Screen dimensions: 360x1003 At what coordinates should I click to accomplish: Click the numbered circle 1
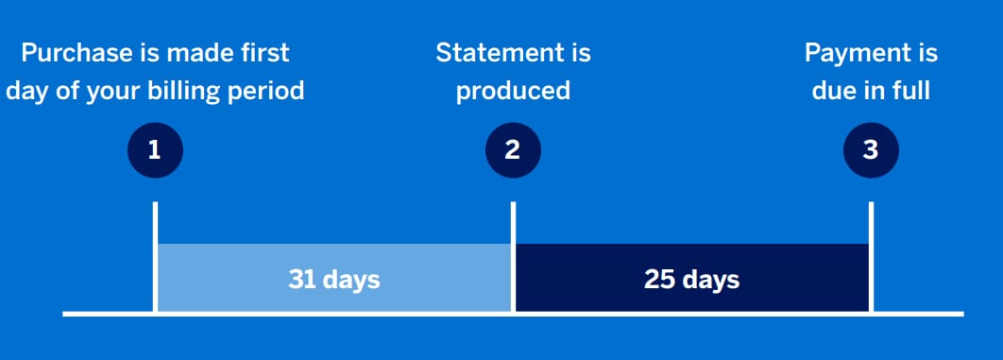[x=155, y=149]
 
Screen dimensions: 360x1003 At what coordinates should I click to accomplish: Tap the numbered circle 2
[x=513, y=149]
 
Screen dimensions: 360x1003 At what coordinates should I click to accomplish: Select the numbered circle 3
[x=871, y=149]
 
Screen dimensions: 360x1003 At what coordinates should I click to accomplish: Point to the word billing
[x=193, y=91]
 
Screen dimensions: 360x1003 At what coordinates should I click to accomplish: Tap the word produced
[x=513, y=91]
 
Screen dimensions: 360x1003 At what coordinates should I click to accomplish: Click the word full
[x=910, y=91]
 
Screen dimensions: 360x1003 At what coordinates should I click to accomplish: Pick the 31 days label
[x=333, y=280]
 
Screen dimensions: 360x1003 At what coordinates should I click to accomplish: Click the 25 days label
[x=691, y=280]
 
